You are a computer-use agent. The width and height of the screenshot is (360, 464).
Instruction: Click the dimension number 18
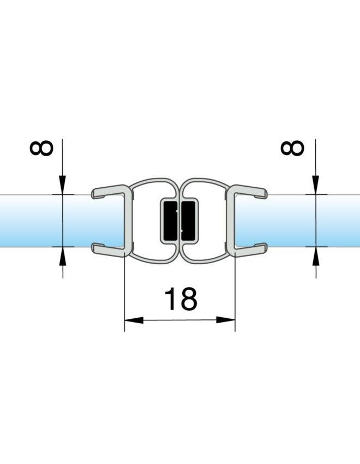pyautogui.click(x=181, y=299)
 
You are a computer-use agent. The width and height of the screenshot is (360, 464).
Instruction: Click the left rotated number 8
pyautogui.click(x=41, y=148)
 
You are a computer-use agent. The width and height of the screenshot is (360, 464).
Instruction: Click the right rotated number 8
pyautogui.click(x=292, y=148)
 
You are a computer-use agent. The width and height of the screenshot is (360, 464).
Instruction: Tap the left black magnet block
pyautogui.click(x=171, y=221)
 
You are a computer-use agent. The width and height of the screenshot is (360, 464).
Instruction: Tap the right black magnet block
pyautogui.click(x=188, y=221)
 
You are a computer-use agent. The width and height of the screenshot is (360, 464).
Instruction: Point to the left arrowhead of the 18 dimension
pyautogui.click(x=134, y=320)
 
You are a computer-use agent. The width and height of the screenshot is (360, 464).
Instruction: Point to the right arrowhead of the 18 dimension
pyautogui.click(x=226, y=320)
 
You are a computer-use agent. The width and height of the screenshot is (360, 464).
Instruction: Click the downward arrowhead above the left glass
pyautogui.click(x=63, y=185)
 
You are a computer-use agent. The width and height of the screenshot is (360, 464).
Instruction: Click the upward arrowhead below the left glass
pyautogui.click(x=63, y=255)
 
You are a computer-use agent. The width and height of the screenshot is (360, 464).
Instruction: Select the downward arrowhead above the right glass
pyautogui.click(x=316, y=185)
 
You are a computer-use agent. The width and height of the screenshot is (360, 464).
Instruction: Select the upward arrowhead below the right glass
pyautogui.click(x=316, y=255)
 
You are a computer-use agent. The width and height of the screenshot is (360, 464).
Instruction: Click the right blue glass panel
pyautogui.click(x=298, y=221)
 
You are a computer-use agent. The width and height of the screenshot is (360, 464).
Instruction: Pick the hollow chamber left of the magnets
pyautogui.click(x=146, y=221)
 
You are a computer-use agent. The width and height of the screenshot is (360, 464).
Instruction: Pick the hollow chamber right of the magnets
pyautogui.click(x=213, y=221)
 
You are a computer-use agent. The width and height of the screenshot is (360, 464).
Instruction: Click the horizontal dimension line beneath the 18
pyautogui.click(x=179, y=320)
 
